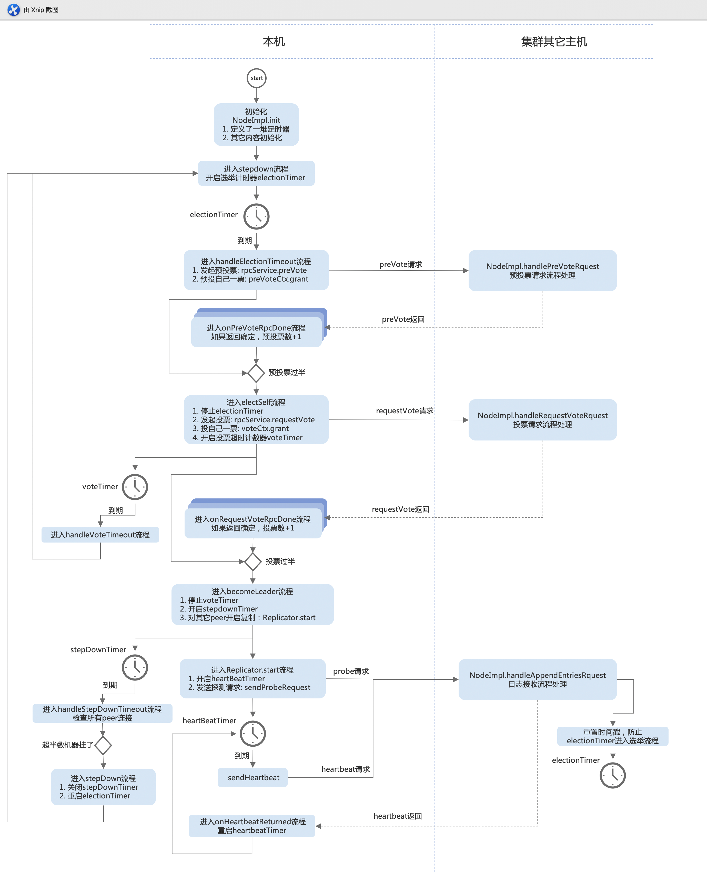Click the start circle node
pyautogui.click(x=257, y=78)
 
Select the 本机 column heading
pyautogui.click(x=274, y=42)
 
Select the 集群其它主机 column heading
pyautogui.click(x=554, y=42)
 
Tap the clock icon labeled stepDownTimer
pyautogui.click(x=135, y=668)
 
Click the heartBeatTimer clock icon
pyautogui.click(x=253, y=734)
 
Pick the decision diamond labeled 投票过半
pyautogui.click(x=253, y=562)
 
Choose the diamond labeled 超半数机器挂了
pyautogui.click(x=103, y=745)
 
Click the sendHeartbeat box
pyautogui.click(x=253, y=777)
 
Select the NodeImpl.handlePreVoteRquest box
pyautogui.click(x=542, y=270)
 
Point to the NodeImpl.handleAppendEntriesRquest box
pyautogui.click(x=538, y=679)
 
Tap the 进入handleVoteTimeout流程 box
pyautogui.click(x=100, y=535)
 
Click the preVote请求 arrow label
pyautogui.click(x=401, y=264)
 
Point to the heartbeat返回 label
pyautogui.click(x=398, y=816)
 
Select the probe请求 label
pyautogui.click(x=351, y=671)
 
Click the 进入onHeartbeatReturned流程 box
pyautogui.click(x=252, y=826)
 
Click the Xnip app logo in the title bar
pyautogui.click(x=13, y=10)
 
